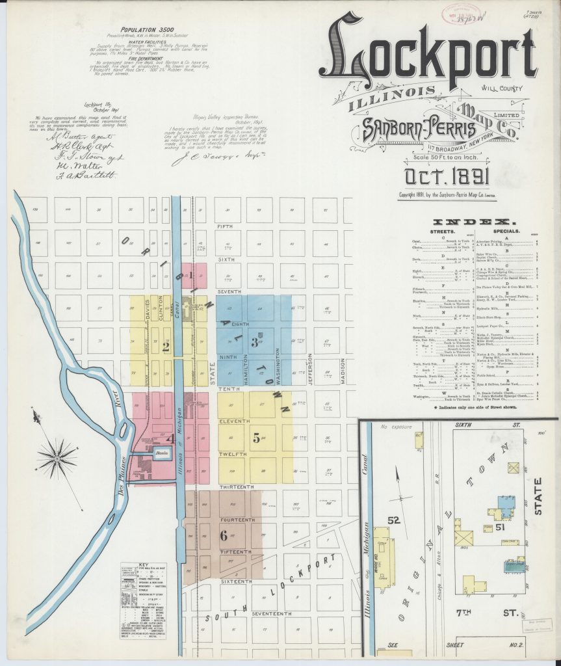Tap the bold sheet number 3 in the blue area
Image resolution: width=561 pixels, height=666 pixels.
click(x=255, y=344)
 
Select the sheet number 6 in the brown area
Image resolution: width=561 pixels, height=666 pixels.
click(x=224, y=536)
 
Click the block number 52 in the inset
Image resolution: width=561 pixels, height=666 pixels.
click(x=392, y=520)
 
